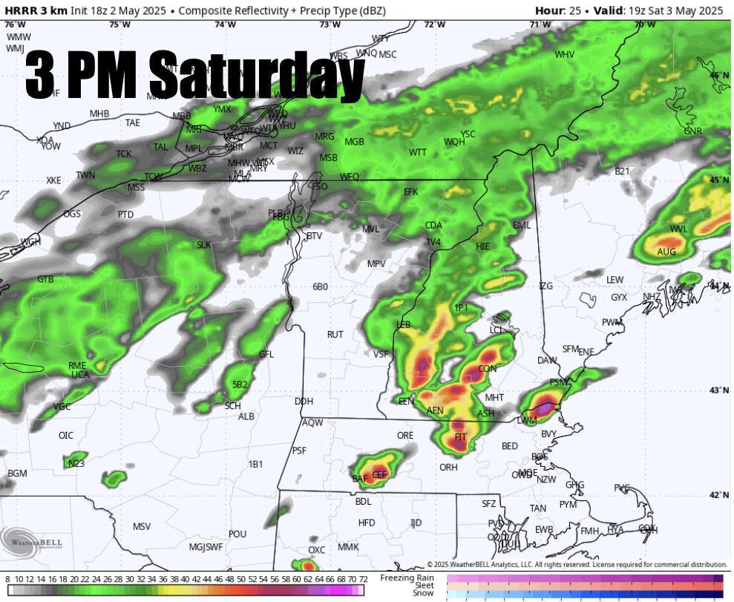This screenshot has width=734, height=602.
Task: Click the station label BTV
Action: click(x=315, y=236)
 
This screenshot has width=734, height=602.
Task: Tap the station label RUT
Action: click(x=335, y=335)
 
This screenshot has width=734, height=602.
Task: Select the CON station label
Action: click(x=488, y=369)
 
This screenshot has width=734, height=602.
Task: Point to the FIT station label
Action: click(x=460, y=437)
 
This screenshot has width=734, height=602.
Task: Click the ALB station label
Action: click(x=246, y=416)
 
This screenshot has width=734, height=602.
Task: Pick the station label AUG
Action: click(x=666, y=252)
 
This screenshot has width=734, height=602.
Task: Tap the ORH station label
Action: click(x=448, y=468)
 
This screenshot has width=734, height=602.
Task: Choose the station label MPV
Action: click(x=376, y=264)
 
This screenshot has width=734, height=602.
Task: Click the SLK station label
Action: click(x=203, y=245)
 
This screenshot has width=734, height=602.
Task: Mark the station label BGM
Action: click(x=17, y=474)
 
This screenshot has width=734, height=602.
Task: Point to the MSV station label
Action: click(x=142, y=527)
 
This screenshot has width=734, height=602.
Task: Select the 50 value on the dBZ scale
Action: click(x=240, y=579)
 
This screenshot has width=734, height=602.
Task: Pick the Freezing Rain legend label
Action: click(x=407, y=578)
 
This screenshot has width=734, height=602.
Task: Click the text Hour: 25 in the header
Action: click(x=560, y=10)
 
